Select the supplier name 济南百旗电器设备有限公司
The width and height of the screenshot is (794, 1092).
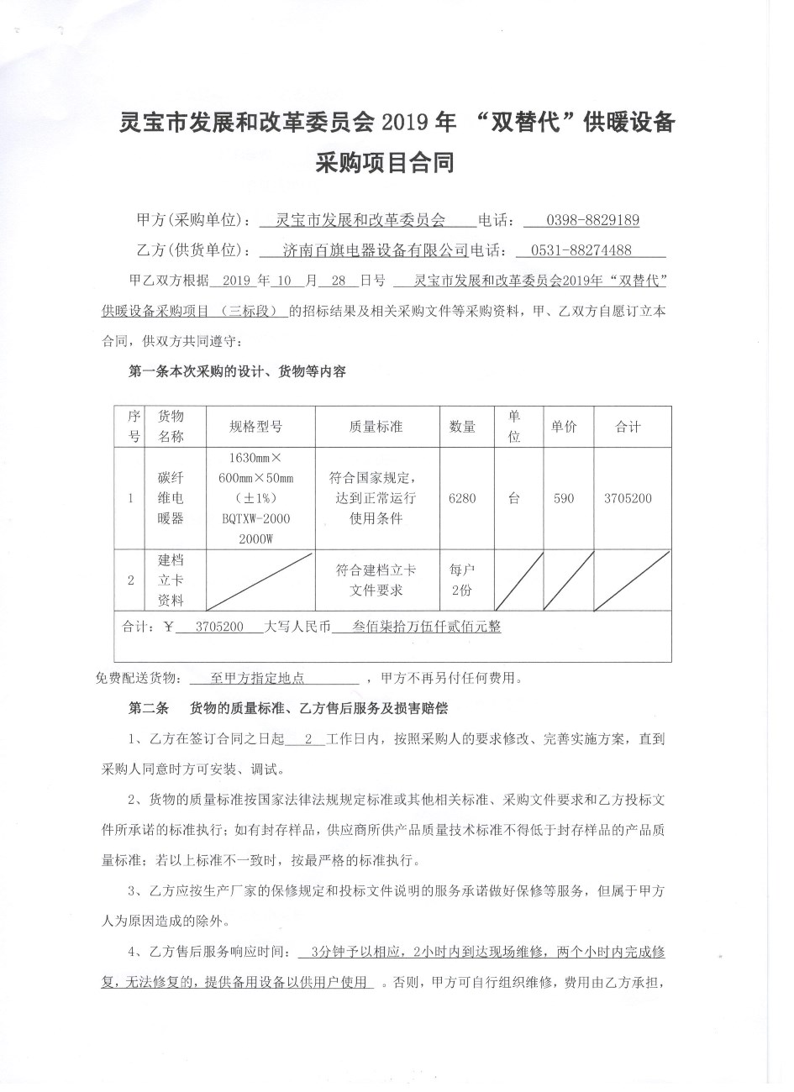pos(376,250)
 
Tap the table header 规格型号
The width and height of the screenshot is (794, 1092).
pos(255,427)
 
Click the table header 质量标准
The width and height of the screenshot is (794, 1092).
pos(376,427)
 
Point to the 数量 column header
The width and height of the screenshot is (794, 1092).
pos(462,427)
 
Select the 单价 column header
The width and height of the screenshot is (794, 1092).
pos(564,427)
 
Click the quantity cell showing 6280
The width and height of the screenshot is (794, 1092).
pos(462,498)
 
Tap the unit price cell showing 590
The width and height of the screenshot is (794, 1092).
pos(564,498)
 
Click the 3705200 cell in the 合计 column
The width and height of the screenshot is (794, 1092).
pos(628,498)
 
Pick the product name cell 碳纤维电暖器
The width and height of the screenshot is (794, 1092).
pos(171,498)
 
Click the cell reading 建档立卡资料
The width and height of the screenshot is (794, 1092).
pos(171,580)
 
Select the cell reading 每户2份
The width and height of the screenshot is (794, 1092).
pos(462,580)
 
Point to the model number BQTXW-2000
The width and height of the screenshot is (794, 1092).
pos(255,519)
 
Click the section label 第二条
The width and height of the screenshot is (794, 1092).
pos(149,709)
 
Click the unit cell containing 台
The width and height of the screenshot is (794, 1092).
pos(513,498)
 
